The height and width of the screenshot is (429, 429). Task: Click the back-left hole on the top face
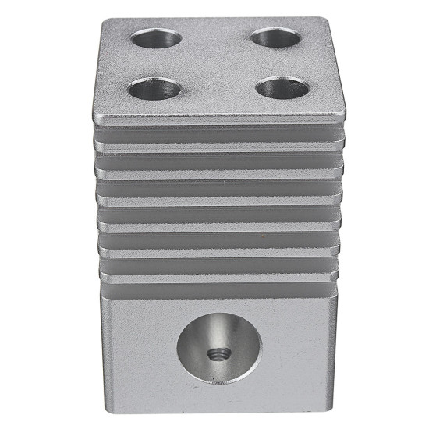156,37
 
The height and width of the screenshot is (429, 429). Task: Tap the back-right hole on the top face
276,37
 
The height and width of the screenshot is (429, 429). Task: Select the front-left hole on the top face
152,89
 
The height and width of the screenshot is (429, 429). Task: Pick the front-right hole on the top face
282,88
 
